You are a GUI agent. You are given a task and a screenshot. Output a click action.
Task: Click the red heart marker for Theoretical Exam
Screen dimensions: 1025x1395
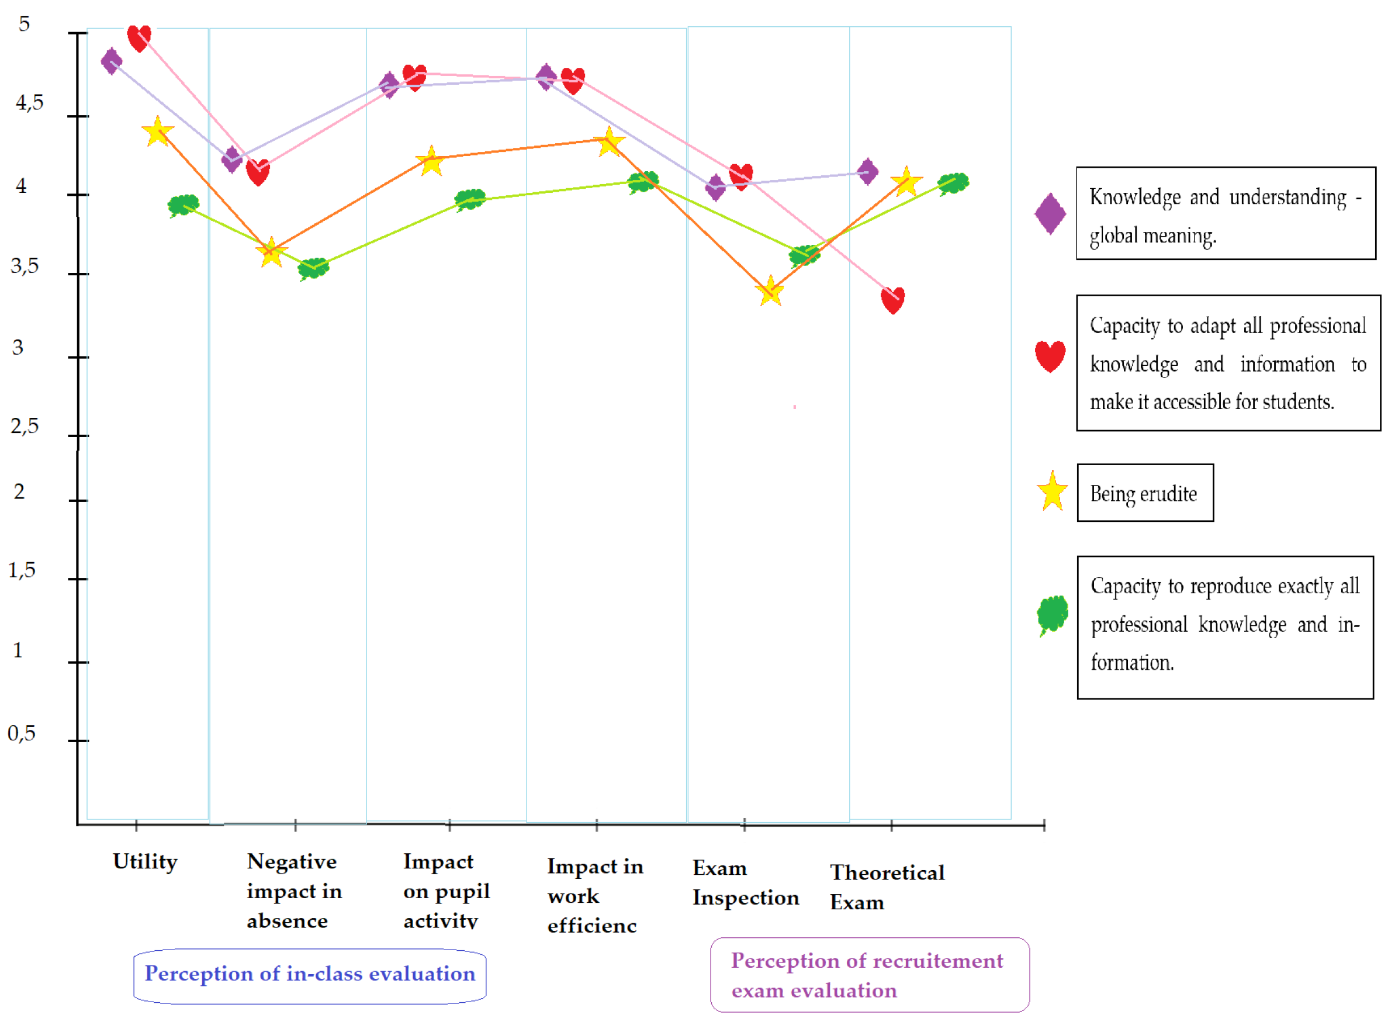coord(892,300)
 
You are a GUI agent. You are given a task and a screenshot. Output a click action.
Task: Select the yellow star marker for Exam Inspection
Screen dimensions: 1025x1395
coord(770,291)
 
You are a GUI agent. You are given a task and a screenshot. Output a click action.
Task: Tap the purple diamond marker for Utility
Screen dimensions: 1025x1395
coord(112,61)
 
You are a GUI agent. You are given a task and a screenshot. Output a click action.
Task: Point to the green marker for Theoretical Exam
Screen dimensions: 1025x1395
coord(953,183)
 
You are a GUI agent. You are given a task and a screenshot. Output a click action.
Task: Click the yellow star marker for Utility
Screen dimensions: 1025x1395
coord(158,131)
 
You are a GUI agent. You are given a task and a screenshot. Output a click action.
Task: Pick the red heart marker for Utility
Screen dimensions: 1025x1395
coord(139,38)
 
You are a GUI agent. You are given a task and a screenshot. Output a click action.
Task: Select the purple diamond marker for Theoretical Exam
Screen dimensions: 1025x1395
coord(867,171)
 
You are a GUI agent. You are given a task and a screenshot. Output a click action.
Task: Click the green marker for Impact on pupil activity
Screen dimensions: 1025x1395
coord(469,200)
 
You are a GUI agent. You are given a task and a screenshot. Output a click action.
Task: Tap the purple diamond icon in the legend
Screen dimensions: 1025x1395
coord(1050,214)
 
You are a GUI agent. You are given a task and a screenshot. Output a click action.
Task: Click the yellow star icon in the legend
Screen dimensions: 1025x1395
coord(1052,491)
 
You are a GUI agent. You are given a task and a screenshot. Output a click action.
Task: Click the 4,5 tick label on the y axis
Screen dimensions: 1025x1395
coord(29,102)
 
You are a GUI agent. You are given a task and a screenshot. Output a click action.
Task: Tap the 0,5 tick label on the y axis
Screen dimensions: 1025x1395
coord(22,733)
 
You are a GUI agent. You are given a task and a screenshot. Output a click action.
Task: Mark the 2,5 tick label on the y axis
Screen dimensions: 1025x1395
coord(24,425)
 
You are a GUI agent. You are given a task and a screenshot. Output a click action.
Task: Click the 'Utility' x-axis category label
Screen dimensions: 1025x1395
coord(145,861)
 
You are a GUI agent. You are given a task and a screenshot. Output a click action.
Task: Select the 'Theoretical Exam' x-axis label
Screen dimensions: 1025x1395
coord(886,887)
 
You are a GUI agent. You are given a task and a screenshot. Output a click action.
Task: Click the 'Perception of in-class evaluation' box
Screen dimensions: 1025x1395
coord(310,974)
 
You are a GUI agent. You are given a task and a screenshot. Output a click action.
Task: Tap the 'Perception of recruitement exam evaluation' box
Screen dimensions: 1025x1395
coord(869,975)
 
